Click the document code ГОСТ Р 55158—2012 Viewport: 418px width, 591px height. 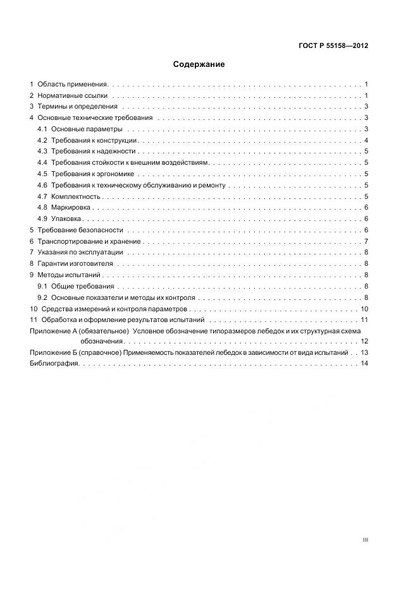333,46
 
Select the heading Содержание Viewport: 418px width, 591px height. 199,64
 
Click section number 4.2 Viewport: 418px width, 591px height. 42,140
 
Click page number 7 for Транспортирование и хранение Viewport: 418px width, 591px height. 366,241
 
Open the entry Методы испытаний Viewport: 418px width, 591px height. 69,275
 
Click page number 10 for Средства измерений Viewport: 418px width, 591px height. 364,309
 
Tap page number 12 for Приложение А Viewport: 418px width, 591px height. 364,341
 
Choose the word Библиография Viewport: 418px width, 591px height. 54,364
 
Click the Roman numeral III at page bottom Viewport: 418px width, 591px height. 365,540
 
